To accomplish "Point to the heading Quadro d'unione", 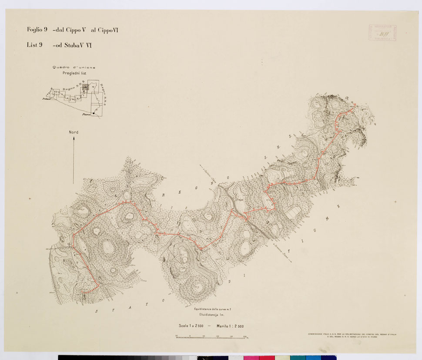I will tap(74, 67).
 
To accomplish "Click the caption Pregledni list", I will tap(74, 74).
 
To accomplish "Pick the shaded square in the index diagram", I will tap(86, 87).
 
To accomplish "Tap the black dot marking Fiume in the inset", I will tap(93, 114).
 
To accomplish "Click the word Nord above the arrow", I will tap(74, 132).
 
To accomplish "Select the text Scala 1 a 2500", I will tap(190, 326).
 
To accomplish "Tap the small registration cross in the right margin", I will tap(395, 202).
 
